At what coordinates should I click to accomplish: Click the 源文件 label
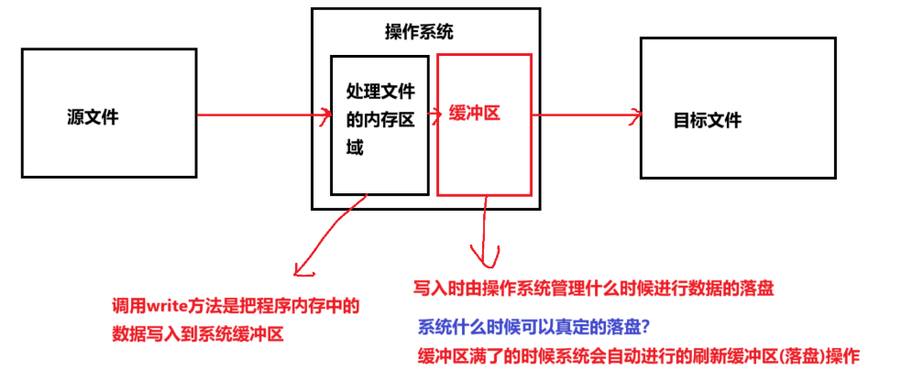pos(93,117)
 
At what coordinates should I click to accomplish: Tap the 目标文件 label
pos(707,120)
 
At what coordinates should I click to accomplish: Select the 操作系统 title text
pos(419,33)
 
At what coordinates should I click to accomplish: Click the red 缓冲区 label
pos(474,115)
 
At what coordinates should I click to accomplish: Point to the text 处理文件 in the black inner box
pos(380,92)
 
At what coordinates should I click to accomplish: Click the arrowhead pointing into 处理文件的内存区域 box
pos(325,115)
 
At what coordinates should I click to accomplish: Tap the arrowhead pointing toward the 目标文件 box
pos(632,115)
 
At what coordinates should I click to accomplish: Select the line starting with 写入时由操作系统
pos(595,288)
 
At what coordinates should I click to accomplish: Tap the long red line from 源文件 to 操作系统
pos(261,115)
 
